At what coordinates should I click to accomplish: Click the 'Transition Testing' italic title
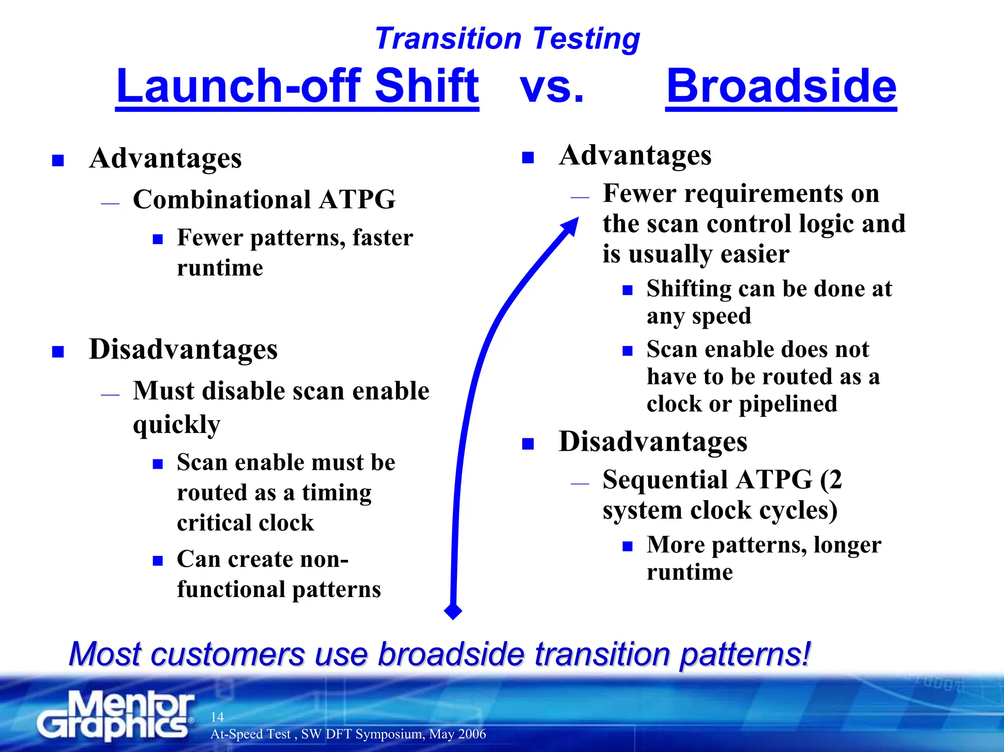click(507, 39)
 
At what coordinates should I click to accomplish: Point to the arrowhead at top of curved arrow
click(572, 226)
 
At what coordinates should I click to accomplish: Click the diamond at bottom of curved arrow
click(452, 611)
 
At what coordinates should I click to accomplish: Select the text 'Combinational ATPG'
click(264, 200)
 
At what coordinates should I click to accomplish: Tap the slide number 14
click(217, 717)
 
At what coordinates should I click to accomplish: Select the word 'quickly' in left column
click(176, 425)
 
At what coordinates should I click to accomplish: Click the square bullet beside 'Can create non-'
click(158, 561)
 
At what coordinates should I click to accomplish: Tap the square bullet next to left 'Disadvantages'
click(58, 352)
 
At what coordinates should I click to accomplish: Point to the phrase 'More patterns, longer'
click(763, 545)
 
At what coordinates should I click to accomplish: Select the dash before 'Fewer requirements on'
click(579, 197)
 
